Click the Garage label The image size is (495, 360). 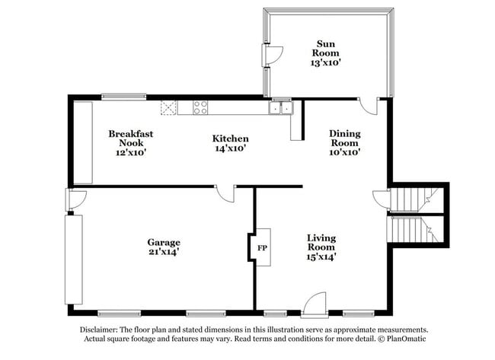164,247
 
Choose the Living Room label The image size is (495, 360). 321,247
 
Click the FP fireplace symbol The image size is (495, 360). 261,248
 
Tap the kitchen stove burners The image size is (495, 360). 201,108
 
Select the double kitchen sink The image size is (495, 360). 281,108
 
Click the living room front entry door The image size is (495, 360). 314,305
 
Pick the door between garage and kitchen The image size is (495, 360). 225,194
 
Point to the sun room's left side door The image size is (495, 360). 273,55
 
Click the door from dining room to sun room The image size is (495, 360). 369,106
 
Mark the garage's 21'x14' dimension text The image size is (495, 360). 164,252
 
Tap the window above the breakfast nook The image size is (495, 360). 123,96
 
